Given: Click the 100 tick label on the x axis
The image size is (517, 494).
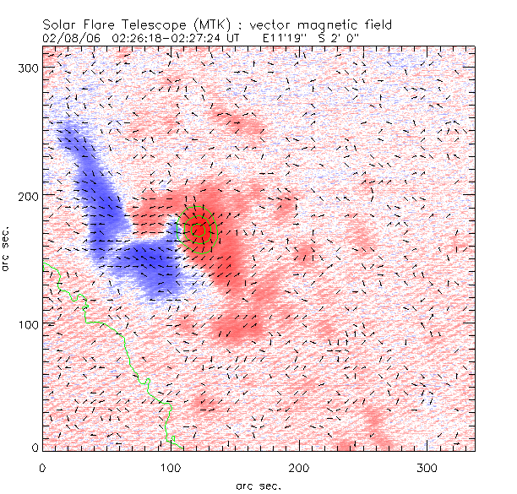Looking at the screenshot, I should click(171, 467).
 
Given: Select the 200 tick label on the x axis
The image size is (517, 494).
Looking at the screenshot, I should click(298, 467).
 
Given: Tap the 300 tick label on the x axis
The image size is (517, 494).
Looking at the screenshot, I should click(427, 467).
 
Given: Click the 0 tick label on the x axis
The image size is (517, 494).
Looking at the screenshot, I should click(42, 467).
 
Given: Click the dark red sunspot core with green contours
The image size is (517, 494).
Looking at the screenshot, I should click(200, 228).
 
